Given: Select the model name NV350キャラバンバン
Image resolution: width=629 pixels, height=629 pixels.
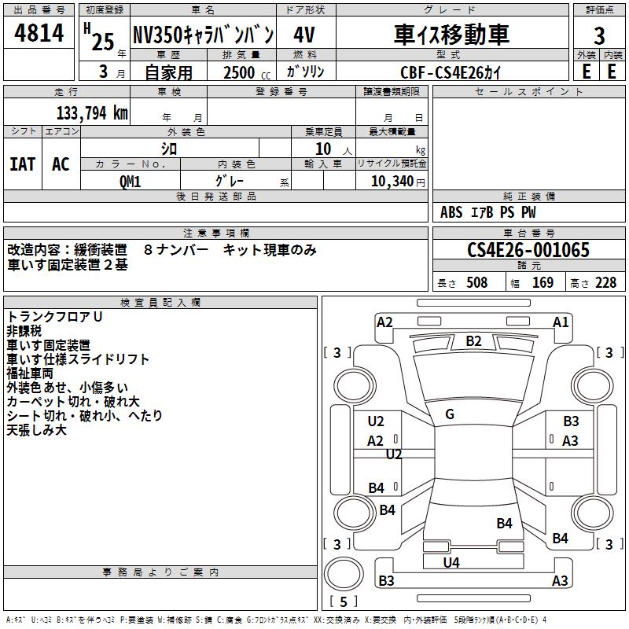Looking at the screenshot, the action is pos(203,35).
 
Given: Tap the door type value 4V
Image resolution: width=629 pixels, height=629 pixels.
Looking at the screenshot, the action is pos(305,35).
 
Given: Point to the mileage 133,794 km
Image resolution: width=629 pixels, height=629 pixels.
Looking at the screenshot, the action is pos(92,112).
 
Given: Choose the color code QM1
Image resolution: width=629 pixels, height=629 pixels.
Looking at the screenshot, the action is pos(130,181).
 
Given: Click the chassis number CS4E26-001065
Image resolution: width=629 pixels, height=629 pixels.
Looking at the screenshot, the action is pos(528,251).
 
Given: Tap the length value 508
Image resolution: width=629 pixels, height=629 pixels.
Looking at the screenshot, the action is pos(476,283).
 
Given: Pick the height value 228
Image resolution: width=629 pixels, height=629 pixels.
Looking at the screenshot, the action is pos(605,283).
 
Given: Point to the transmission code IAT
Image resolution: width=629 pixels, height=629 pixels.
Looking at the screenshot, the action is pos(22,164).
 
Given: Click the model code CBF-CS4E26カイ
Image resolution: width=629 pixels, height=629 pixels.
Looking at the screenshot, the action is pos(450,72).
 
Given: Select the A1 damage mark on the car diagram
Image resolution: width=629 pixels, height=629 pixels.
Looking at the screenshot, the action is pos(561,322).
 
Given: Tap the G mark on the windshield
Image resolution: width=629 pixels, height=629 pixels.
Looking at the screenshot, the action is pos(450,414).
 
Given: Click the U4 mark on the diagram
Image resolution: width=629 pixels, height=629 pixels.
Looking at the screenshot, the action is pos(451,562).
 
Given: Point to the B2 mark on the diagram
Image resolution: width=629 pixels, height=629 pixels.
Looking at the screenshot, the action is pos(473,340).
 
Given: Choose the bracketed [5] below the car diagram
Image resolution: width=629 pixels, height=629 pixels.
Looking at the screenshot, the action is pos(344,601).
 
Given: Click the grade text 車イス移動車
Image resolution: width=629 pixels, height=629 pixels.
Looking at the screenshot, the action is pos(451,35).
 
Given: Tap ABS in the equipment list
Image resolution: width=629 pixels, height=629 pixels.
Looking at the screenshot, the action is pos(451,212).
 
